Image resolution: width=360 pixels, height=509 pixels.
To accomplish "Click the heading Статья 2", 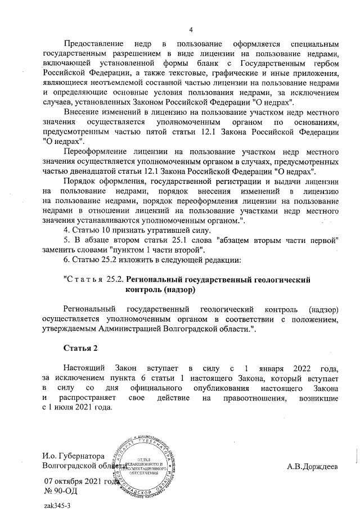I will click(80, 348).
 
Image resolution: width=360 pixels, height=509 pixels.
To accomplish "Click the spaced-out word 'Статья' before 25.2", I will click(85, 280).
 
